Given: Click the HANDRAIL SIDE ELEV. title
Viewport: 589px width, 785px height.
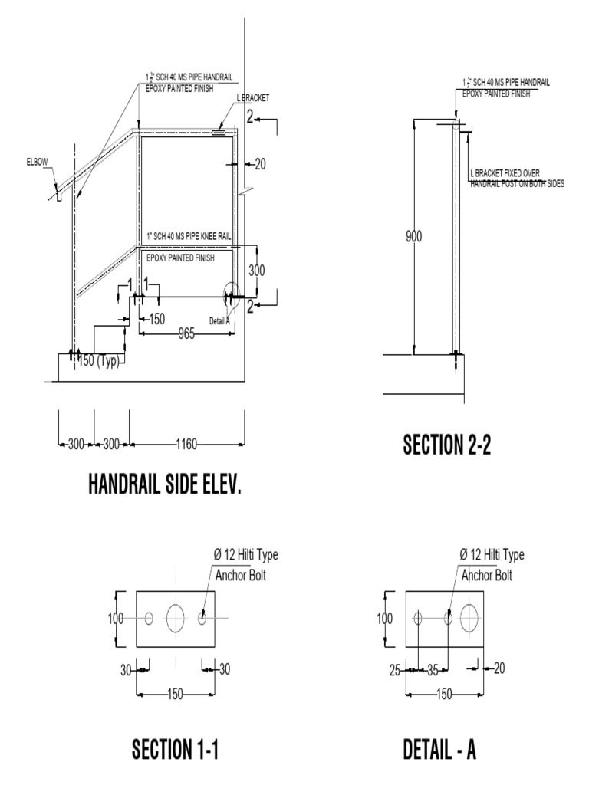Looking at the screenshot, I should click(x=164, y=484).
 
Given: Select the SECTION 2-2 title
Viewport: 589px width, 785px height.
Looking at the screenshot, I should click(x=446, y=445).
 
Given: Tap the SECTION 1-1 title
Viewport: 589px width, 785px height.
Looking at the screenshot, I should click(x=176, y=748).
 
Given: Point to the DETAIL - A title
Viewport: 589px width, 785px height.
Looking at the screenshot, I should click(x=439, y=748).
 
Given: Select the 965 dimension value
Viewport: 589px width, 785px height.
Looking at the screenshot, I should click(x=186, y=333).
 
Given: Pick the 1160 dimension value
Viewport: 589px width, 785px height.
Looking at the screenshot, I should click(x=187, y=443).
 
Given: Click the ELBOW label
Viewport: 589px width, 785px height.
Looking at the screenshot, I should click(x=37, y=162).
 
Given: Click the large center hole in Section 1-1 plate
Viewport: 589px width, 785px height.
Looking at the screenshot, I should click(x=176, y=618).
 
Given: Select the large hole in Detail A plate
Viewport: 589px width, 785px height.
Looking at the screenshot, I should click(x=470, y=618).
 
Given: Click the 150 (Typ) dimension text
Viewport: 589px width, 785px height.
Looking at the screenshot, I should click(x=98, y=361).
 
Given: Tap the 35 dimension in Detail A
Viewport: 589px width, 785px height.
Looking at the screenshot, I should click(x=433, y=669).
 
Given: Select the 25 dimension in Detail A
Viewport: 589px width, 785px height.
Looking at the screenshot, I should click(x=394, y=669).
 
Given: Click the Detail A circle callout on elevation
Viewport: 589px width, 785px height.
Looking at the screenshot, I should click(x=230, y=296).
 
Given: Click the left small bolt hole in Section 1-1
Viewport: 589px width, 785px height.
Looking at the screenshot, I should click(x=150, y=618).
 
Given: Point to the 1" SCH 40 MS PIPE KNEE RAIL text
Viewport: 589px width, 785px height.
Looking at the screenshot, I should click(x=188, y=236).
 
